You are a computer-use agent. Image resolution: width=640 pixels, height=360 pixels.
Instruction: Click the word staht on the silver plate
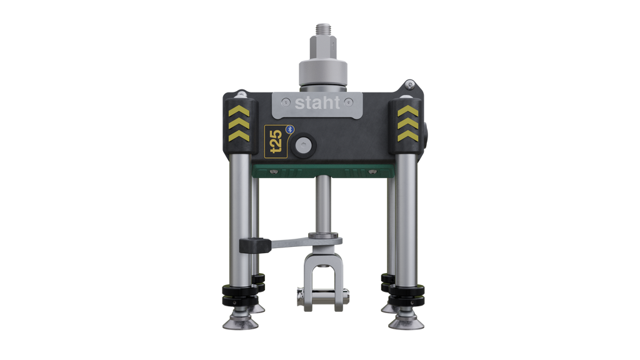[317, 103]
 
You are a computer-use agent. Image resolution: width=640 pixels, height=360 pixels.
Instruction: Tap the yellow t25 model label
[276, 141]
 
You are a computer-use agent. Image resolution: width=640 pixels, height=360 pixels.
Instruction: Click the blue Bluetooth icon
[290, 129]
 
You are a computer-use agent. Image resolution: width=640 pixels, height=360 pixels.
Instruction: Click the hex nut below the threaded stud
[323, 47]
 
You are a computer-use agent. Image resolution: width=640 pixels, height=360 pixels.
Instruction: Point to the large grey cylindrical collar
[323, 74]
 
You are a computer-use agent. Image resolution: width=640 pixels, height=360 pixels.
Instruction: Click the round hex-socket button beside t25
[303, 145]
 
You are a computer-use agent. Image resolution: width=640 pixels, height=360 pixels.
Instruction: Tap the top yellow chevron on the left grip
[239, 111]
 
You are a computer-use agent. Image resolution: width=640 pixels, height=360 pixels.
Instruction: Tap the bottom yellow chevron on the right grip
[407, 136]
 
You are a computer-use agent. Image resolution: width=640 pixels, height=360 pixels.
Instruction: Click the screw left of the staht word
[286, 102]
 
